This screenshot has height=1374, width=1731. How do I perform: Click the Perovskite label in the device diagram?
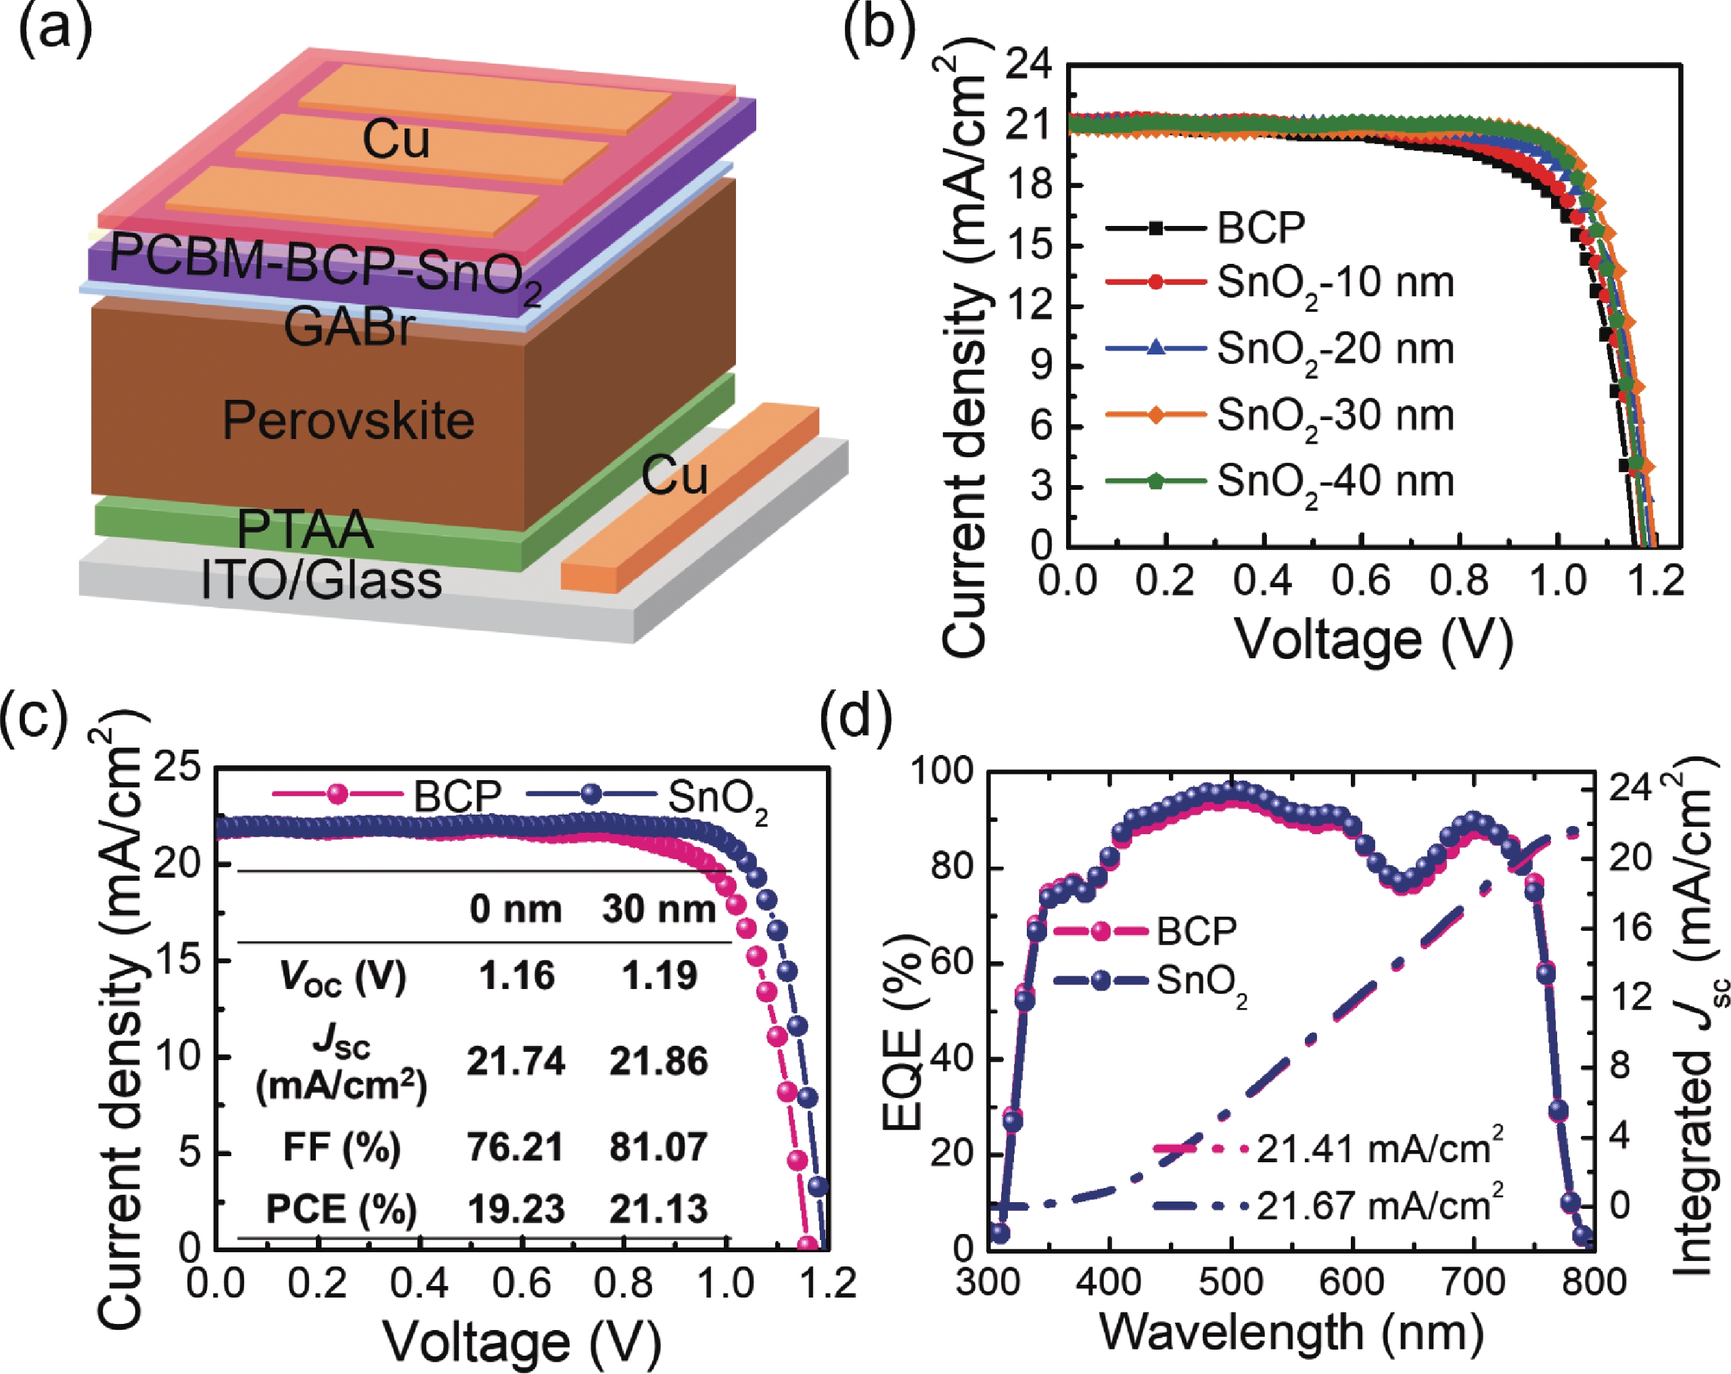coord(348,420)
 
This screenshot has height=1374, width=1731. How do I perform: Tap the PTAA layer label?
coord(305,528)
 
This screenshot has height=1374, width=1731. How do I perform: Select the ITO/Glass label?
coord(321,580)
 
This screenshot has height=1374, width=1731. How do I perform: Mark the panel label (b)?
coord(879,30)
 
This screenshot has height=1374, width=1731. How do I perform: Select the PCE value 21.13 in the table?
coord(658,1208)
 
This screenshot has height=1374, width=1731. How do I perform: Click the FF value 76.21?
coord(515,1146)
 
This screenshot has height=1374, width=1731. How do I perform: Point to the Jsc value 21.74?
coord(515,1061)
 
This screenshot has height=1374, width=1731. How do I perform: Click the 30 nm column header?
coord(659,909)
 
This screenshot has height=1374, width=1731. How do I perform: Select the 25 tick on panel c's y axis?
coord(177,768)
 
